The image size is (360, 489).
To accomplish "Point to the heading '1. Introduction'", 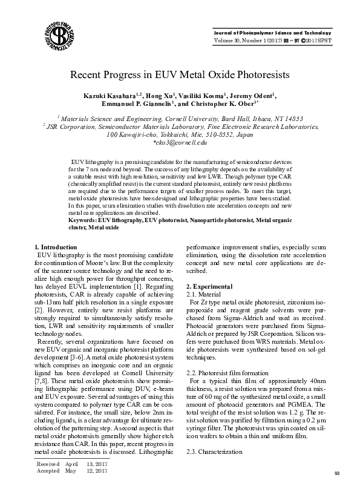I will click(56, 247).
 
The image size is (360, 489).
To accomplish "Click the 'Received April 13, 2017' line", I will click(71, 463).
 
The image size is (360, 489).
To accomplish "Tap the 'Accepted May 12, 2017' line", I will click(71, 470).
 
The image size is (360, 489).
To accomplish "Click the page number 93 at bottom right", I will click(338, 472).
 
